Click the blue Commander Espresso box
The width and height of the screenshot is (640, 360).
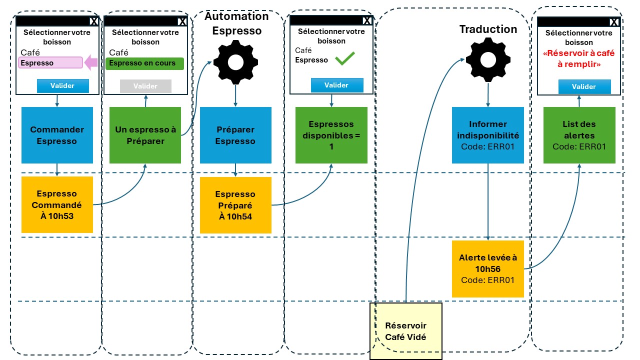pos(57,135)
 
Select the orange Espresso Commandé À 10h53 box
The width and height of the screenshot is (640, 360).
pos(57,204)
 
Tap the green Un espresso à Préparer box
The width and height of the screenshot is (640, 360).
pos(145,135)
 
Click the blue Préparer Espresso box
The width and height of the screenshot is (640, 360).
pos(235,135)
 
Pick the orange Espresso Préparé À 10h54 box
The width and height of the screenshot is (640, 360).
pos(235,205)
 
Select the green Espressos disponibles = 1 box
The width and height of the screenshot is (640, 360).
pos(331,135)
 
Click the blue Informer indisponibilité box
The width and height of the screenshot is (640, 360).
pos(487,135)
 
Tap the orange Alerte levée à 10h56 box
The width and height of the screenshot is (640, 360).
pos(487,269)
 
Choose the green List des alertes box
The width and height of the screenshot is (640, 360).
pos(579,135)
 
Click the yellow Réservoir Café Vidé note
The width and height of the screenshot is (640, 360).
pos(406,331)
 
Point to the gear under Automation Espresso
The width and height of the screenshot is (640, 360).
pos(235,62)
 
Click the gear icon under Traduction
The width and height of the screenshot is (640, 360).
pos(488,60)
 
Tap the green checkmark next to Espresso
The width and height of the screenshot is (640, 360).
pos(345,58)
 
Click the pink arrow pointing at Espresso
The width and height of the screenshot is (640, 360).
pos(91,62)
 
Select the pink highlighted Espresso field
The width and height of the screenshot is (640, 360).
pos(50,62)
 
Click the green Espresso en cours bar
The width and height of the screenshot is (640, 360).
pos(144,63)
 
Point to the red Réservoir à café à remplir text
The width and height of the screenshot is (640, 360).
pos(579,58)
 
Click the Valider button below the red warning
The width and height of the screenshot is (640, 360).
pos(584,86)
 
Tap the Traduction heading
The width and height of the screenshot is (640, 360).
pos(488,29)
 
